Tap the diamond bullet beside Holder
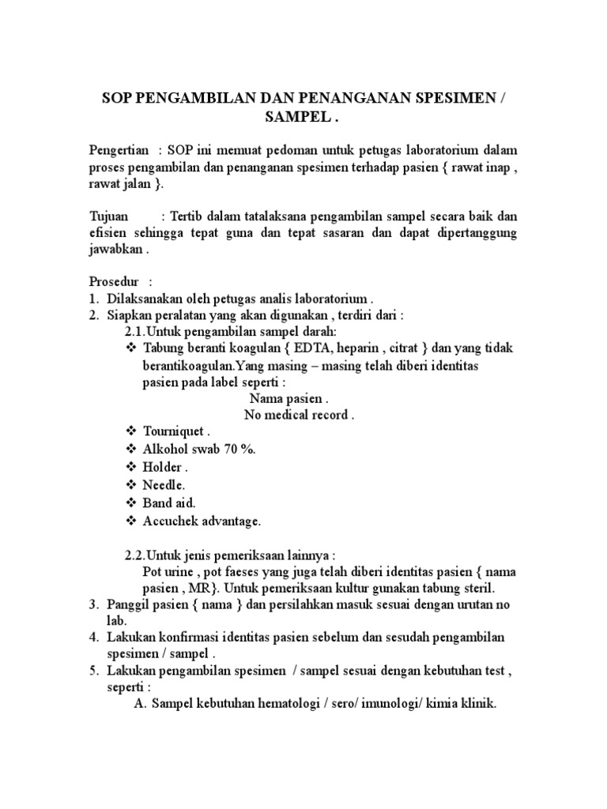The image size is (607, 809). tap(130, 466)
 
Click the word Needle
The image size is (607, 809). tap(164, 484)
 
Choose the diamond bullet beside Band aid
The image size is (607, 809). tap(130, 502)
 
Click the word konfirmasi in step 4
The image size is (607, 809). tap(181, 638)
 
